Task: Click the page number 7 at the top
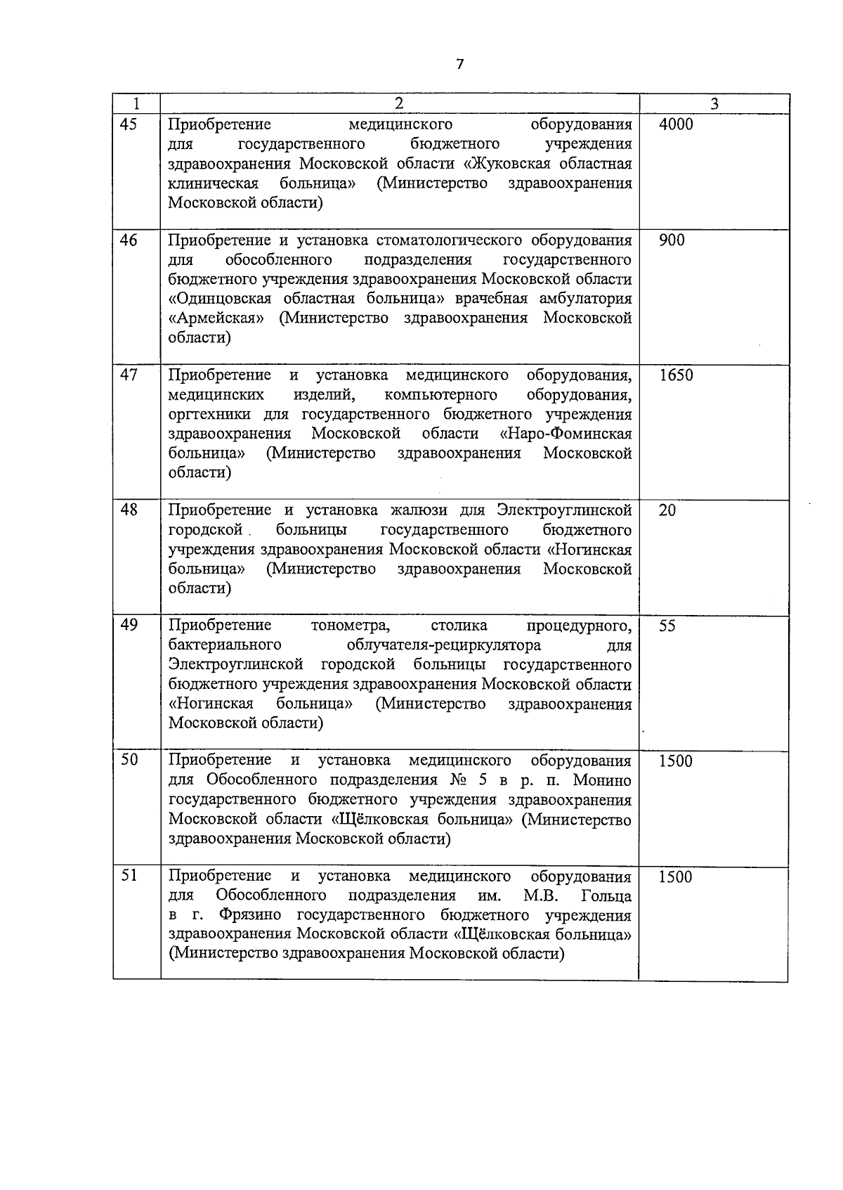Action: (x=459, y=65)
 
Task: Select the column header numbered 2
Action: (x=399, y=103)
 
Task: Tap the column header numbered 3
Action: (x=714, y=104)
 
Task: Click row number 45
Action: (x=129, y=124)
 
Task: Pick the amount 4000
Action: (x=676, y=124)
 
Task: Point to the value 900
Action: (x=672, y=240)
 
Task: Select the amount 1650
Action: (x=676, y=375)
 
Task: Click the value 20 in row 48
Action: (x=667, y=510)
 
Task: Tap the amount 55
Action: (x=667, y=626)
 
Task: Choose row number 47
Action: (x=129, y=375)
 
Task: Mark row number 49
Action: (x=129, y=625)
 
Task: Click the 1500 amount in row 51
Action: (x=676, y=877)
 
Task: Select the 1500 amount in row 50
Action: (x=676, y=761)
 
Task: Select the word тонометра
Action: (x=350, y=625)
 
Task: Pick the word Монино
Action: (x=602, y=780)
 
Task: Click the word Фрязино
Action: (x=250, y=915)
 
